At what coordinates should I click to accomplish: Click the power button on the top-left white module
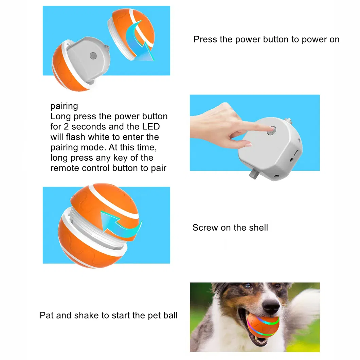tap(92, 55)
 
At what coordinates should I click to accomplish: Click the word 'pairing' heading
tap(64, 106)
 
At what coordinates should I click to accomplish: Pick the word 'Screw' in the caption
tap(205, 228)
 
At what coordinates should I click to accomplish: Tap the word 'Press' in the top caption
tap(205, 39)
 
